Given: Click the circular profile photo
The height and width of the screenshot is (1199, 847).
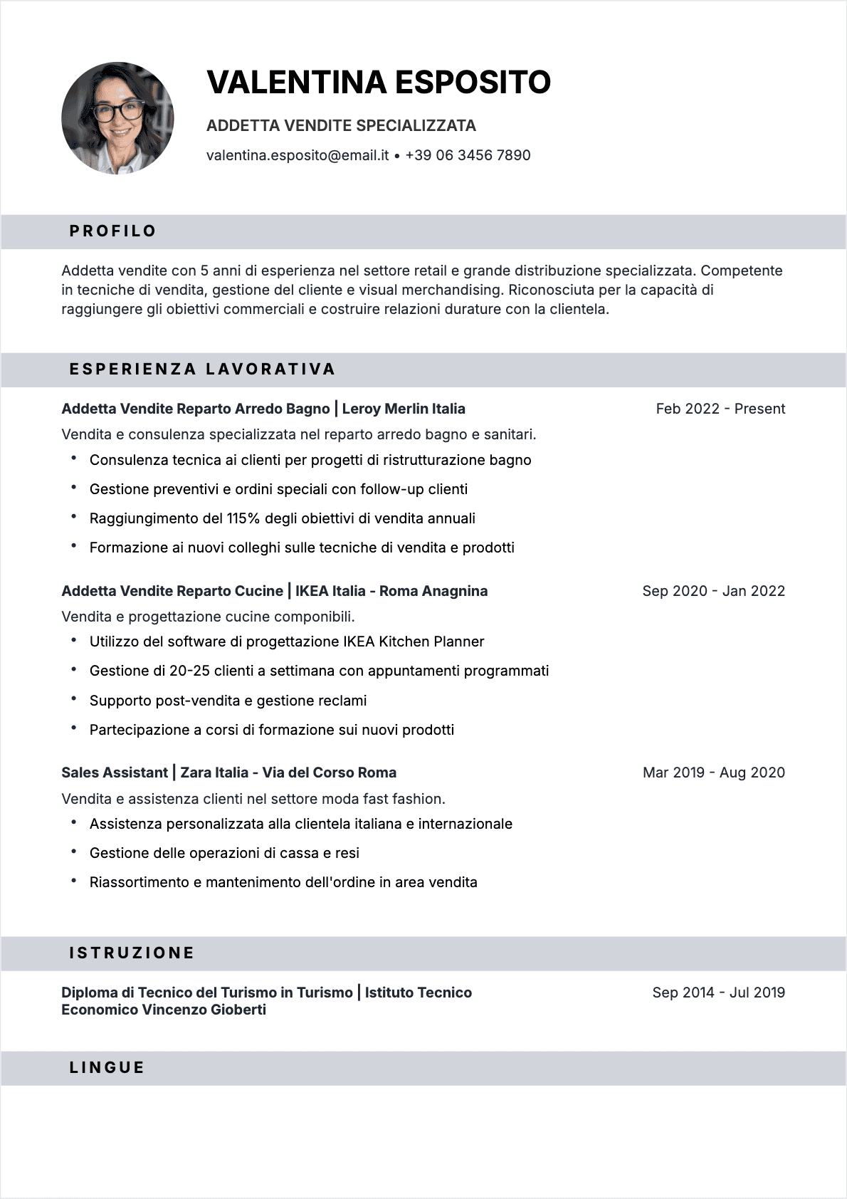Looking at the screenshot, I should (117, 118).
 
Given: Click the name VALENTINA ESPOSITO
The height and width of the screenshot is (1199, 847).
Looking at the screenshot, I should (379, 83).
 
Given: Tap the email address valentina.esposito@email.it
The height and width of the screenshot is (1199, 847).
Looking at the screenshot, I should (298, 155).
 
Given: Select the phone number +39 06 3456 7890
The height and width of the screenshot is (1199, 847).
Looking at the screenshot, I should (468, 155).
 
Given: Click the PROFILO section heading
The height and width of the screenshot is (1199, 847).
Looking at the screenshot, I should (112, 231).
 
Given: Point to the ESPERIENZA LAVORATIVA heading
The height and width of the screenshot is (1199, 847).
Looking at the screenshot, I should (202, 370).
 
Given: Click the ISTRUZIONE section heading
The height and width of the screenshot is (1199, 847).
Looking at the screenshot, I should (132, 953).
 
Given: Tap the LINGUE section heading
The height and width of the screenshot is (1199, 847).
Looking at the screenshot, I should (107, 1068).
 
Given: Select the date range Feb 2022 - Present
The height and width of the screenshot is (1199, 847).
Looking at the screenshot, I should (720, 409).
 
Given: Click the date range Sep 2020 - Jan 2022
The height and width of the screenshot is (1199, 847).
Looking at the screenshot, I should (713, 591).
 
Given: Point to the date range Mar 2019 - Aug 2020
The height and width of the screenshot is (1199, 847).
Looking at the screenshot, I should (713, 773).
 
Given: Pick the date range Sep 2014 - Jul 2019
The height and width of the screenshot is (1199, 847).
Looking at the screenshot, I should (718, 993).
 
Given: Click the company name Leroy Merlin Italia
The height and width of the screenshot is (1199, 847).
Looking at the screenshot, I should (404, 409).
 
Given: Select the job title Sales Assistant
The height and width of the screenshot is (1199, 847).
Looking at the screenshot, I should (115, 773).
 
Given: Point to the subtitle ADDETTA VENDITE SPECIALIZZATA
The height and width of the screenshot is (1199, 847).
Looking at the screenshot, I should (341, 126).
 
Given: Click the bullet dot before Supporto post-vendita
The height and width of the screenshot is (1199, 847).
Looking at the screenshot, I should (73, 699).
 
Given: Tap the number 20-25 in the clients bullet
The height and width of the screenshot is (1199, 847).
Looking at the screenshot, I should (189, 671).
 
